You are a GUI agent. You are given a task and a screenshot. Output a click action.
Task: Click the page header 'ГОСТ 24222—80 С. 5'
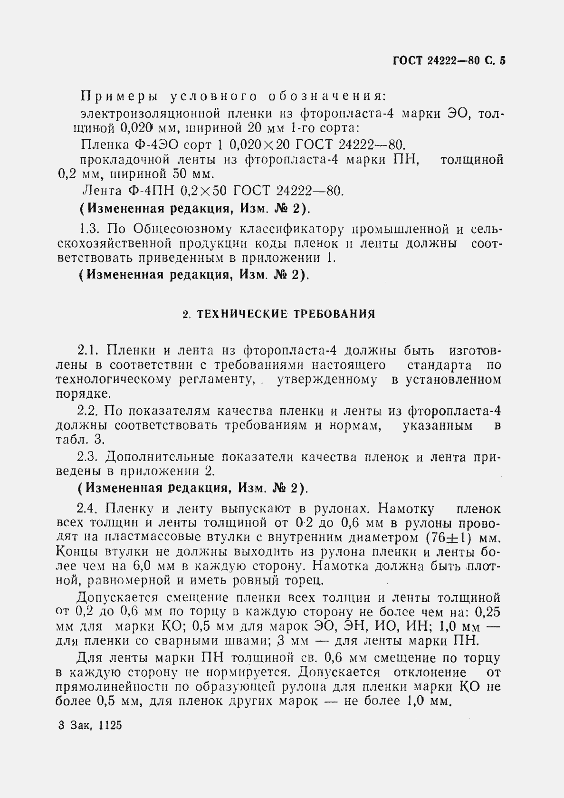449,61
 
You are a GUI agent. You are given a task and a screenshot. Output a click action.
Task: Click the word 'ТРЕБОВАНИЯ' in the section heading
335,314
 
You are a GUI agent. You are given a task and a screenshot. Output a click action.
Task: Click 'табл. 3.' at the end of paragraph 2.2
80,440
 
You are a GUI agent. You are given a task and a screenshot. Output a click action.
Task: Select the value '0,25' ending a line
487,612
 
